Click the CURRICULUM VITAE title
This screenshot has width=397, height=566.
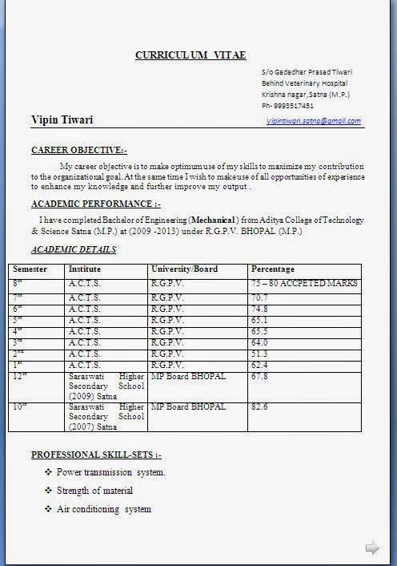tap(190, 55)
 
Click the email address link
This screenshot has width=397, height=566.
tap(314, 121)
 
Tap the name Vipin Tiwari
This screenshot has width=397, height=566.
tap(62, 120)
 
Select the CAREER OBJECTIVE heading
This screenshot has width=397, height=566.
tap(78, 150)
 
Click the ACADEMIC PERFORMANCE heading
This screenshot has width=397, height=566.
tap(95, 204)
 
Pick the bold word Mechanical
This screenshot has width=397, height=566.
tap(212, 220)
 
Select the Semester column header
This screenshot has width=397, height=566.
tap(30, 269)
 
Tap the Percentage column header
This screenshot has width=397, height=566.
tap(273, 269)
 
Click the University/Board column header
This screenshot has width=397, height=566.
tap(184, 269)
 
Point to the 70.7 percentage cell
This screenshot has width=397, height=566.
tap(259, 297)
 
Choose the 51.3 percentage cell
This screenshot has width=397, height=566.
tap(259, 354)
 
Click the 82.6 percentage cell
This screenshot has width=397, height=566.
tap(259, 407)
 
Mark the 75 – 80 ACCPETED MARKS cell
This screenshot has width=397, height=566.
tap(304, 284)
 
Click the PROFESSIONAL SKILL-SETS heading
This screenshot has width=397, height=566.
tap(96, 455)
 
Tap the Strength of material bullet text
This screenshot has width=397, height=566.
tap(94, 491)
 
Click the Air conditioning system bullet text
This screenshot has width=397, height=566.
tap(103, 509)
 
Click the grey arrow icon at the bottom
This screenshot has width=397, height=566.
tap(371, 548)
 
